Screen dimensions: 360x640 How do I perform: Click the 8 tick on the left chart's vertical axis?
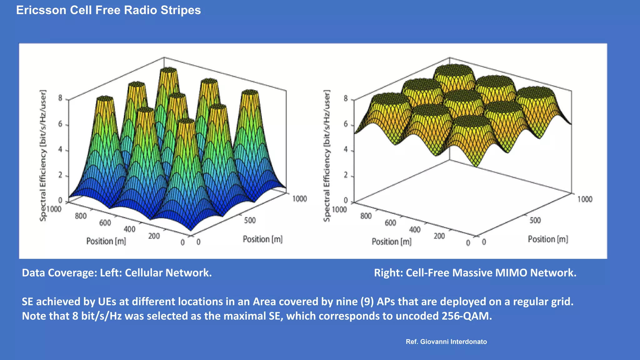pos(60,98)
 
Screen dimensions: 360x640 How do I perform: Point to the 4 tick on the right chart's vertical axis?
pos(346,149)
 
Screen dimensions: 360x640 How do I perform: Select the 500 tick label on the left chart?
pos(250,220)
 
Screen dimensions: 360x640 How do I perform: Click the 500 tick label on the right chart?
pos(535,220)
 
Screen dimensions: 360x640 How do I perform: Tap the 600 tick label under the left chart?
pos(105,223)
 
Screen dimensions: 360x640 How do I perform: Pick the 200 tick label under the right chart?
pos(439,236)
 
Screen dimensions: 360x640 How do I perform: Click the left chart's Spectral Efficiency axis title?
pos(43,155)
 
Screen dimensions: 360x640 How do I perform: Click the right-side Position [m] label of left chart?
pos(262,239)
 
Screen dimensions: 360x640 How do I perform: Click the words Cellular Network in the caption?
pos(168,273)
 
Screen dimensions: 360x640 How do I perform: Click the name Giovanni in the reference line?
pos(434,342)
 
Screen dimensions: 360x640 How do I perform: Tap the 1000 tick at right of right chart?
pos(584,199)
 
